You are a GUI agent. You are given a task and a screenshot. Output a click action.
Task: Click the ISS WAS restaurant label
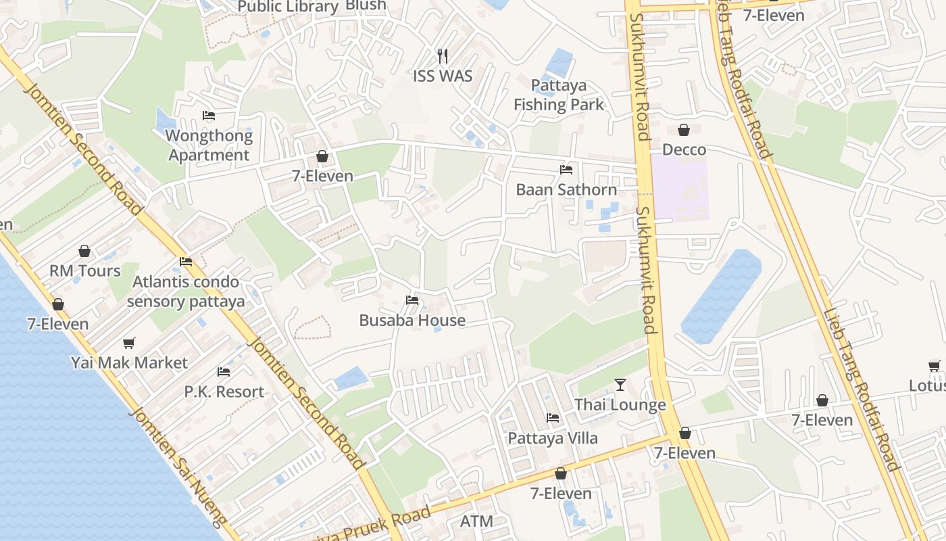[x=443, y=76]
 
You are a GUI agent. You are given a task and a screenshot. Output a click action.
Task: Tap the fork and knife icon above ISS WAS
[x=443, y=55]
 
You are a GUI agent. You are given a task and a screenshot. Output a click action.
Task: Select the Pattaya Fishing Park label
[x=559, y=95]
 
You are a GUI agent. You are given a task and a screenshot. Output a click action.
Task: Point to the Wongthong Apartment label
[x=209, y=145]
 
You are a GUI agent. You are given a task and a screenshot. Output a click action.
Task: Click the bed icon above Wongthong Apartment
[x=209, y=116]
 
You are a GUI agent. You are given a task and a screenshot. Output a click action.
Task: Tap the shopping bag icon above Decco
[x=684, y=130]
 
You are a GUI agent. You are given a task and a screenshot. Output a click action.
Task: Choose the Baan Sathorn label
[x=566, y=190]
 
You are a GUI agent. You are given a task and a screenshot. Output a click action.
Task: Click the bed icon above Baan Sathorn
[x=566, y=170]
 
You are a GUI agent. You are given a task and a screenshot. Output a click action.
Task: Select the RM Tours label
[x=85, y=271]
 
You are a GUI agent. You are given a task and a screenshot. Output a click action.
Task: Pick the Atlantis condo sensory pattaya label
[x=186, y=291]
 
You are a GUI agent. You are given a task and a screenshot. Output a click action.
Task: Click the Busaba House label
[x=412, y=321]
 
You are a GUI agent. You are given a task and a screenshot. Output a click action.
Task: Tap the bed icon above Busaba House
[x=412, y=300]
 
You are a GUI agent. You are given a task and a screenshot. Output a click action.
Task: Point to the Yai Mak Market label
[x=129, y=363]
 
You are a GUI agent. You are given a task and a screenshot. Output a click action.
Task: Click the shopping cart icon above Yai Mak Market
[x=129, y=343]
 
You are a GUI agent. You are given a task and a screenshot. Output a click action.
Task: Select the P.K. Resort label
[x=224, y=392]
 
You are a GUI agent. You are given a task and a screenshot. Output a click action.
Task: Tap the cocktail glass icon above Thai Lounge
[x=620, y=385]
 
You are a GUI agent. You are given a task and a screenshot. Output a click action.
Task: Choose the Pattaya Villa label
[x=553, y=438]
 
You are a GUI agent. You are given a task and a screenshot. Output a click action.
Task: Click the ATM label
[x=476, y=521]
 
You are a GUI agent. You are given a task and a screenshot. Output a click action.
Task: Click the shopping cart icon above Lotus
[x=935, y=366]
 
